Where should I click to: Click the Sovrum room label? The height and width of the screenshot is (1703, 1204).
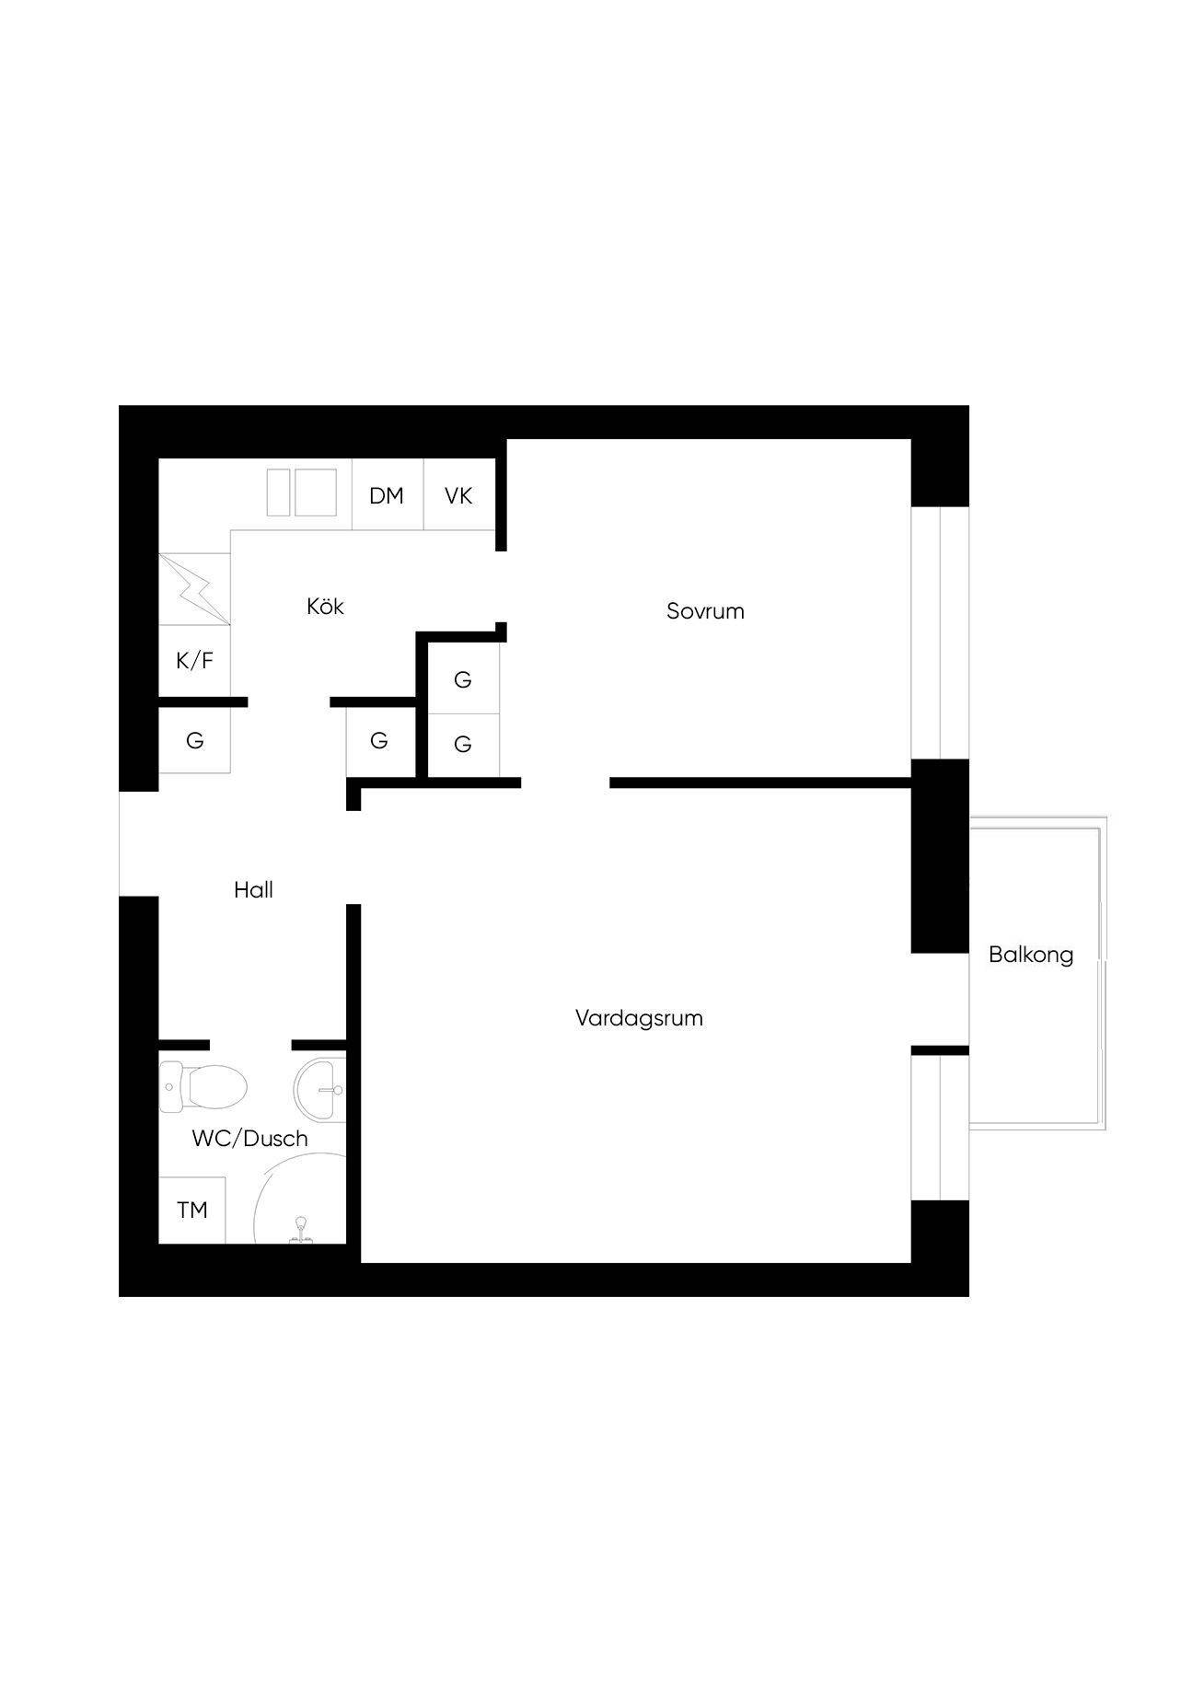tap(705, 611)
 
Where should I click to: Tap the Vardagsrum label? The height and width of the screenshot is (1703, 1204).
tap(639, 1018)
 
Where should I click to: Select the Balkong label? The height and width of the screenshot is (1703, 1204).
tap(1031, 955)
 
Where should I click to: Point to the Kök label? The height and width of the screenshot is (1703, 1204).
tap(325, 606)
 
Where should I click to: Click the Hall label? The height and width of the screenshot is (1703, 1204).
tap(253, 890)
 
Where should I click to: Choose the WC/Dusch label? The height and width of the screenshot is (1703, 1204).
tap(249, 1139)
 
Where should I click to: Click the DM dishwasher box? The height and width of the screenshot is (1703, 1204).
tap(388, 494)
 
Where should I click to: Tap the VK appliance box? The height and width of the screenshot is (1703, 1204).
tap(458, 494)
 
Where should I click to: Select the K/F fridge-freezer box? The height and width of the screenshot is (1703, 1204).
tap(194, 661)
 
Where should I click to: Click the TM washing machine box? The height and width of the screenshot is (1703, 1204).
tap(192, 1210)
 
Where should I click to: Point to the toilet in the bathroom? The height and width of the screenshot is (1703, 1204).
tap(203, 1087)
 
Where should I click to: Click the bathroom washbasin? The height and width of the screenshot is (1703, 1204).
tap(320, 1089)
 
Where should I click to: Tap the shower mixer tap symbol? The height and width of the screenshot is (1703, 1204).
tap(300, 1231)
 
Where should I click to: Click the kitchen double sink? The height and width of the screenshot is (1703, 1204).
tap(302, 492)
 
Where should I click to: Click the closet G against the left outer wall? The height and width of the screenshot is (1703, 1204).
tap(194, 740)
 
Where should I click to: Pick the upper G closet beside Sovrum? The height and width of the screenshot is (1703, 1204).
tap(463, 678)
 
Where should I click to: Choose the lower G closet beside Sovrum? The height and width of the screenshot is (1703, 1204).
tap(463, 745)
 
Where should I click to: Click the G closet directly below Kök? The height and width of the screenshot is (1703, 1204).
tap(379, 740)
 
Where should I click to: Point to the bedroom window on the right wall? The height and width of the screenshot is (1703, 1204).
tap(940, 632)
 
